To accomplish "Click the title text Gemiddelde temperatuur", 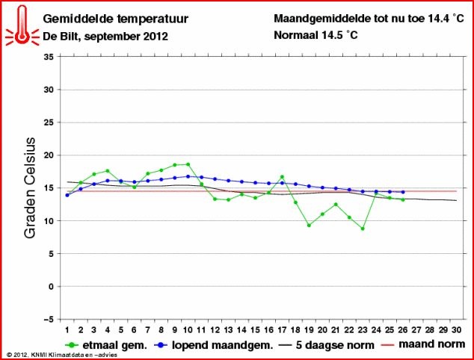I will coord(116,18).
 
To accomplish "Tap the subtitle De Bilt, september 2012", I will coord(105,36).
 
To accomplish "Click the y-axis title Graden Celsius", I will coord(31,187).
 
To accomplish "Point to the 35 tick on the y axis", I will coord(48,57).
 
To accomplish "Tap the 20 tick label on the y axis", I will coord(48,155).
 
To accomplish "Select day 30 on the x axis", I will coord(456,329).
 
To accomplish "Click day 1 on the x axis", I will coord(67,329).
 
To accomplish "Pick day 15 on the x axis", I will coord(255,329).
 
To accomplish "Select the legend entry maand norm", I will coord(428,345).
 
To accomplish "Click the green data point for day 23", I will coord(362,229).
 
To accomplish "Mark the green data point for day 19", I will coord(309,225).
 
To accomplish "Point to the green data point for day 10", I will coord(188,164).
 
